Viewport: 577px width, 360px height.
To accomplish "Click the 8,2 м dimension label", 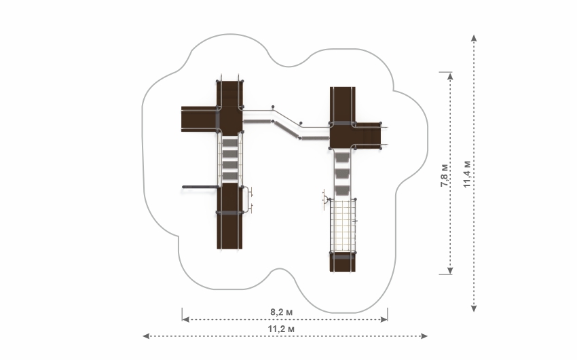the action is tap(282, 312).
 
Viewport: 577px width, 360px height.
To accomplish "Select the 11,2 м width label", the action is tap(281, 329).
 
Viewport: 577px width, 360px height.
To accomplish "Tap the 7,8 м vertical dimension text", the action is tap(445, 175).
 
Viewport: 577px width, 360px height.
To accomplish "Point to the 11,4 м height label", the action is tap(466, 174).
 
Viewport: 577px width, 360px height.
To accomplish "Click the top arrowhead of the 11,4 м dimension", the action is tap(474, 38).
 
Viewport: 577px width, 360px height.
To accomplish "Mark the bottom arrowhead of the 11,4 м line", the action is tap(474, 308).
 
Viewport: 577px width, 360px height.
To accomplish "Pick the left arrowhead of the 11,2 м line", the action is tap(146, 336).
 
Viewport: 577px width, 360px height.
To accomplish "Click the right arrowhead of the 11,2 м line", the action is tap(424, 336).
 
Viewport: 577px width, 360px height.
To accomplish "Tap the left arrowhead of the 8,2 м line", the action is tap(186, 319).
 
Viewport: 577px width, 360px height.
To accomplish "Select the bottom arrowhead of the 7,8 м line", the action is tap(450, 271).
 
